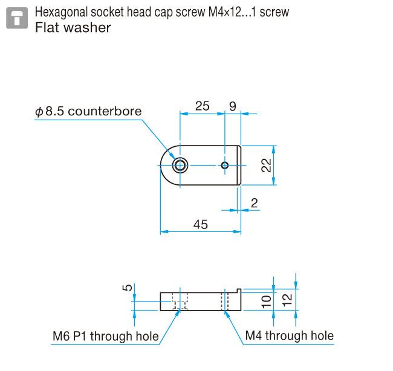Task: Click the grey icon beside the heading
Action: point(16,18)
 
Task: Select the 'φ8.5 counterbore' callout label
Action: point(88,111)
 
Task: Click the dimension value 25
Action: point(202,106)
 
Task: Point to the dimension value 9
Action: point(233,106)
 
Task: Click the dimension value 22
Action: point(266,165)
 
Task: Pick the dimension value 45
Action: point(200,224)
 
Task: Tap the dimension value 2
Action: point(254,204)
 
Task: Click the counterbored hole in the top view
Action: point(180,166)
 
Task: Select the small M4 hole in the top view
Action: point(225,166)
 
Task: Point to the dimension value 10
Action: point(267,302)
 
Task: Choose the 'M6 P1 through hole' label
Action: point(106,336)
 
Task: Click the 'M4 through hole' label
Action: point(289,336)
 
